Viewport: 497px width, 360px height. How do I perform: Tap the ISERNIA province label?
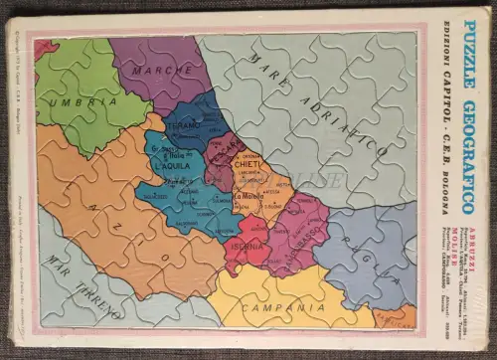247,246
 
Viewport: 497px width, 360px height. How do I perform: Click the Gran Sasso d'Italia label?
166,151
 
